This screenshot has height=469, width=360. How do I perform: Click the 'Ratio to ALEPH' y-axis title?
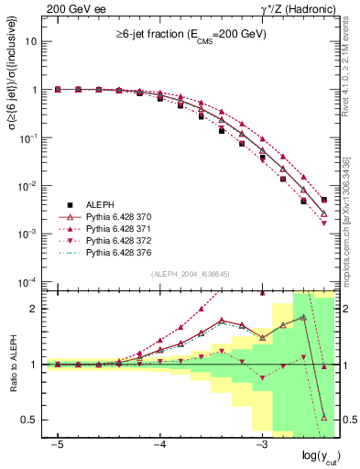[x=13, y=365]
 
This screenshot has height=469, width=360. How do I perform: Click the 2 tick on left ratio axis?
[x=35, y=309]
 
